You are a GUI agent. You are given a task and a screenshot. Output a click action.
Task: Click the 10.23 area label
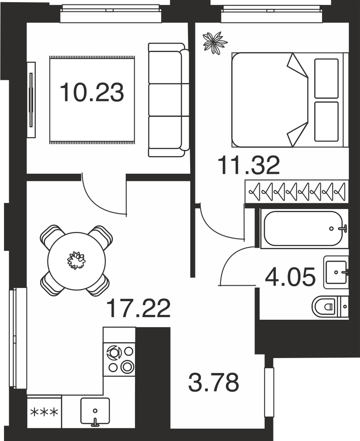point(92,92)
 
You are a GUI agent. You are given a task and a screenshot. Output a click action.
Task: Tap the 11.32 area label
point(249,165)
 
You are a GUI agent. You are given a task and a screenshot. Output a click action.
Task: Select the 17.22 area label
point(139,308)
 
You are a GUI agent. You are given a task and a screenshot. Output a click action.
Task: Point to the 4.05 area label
point(290,277)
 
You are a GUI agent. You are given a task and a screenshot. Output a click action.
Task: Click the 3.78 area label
point(214,382)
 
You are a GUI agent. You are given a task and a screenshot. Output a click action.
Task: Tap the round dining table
point(77,261)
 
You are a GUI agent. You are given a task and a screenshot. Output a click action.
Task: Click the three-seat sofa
point(169,100)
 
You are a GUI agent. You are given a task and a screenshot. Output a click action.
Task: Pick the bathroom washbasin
point(336,272)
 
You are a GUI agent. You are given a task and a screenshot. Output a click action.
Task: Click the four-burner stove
point(120,359)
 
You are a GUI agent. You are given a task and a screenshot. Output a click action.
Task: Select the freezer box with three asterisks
point(44,412)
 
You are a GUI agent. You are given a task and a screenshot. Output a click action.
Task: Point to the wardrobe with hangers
point(296,191)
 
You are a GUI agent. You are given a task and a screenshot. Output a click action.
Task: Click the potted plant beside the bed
point(215,42)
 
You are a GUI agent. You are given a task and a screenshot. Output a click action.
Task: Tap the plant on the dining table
point(76,261)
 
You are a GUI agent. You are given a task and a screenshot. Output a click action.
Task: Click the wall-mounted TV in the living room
point(31,100)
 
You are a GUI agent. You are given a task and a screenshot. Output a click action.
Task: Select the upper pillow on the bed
point(326,78)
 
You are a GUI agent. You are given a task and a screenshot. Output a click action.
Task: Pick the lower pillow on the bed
point(326,122)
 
